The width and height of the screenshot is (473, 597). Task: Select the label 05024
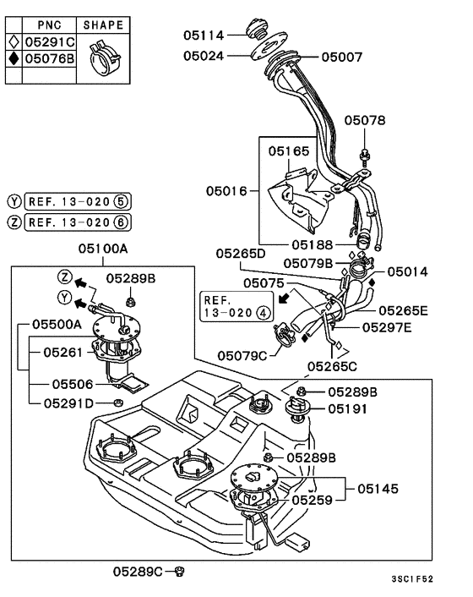(204, 58)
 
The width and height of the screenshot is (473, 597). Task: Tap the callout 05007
(341, 58)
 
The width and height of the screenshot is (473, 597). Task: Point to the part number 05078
(363, 121)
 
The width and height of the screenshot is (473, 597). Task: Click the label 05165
(290, 152)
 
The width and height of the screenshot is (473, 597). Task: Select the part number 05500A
(57, 324)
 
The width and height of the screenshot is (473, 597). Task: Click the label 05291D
(68, 403)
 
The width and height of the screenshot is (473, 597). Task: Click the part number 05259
(313, 500)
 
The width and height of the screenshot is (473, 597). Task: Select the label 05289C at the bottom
(138, 572)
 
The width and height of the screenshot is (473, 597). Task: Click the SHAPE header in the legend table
(102, 25)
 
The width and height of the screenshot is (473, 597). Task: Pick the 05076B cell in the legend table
(47, 58)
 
